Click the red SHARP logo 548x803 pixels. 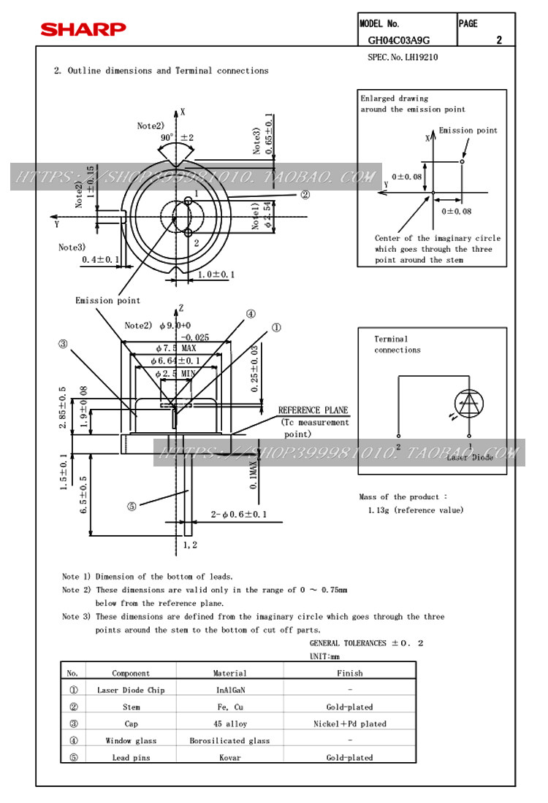point(83,29)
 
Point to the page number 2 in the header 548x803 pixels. point(499,40)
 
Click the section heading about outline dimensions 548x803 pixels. point(161,71)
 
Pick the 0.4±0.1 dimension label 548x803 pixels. point(101,260)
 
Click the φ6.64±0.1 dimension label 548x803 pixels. point(175,361)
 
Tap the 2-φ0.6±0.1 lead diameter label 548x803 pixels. point(238,515)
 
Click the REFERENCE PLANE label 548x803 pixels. point(313,410)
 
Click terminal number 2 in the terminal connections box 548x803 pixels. point(398,445)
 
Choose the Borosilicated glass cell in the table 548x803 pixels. point(229,741)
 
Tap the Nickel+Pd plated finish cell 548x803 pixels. point(350,723)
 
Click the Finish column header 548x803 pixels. point(350,673)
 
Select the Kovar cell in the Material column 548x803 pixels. point(229,758)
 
